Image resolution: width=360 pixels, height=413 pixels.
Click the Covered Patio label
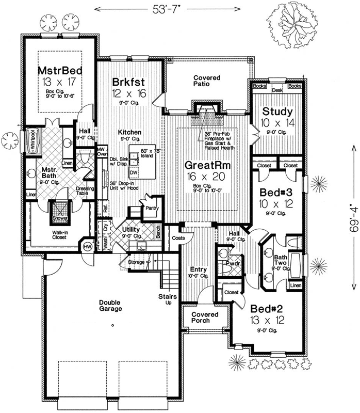tap(207, 81)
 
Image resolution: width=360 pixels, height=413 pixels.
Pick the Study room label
tap(277, 112)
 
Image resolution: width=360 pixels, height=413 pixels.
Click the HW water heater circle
tap(87, 246)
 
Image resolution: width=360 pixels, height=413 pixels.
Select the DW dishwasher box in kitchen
tap(134, 172)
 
